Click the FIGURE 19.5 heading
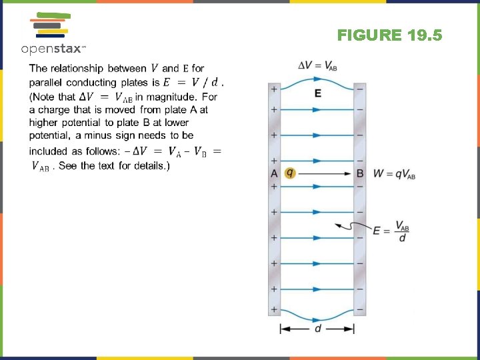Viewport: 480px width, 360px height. (x=389, y=35)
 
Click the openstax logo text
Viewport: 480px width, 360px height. (x=53, y=49)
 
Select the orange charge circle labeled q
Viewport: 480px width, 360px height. (x=289, y=173)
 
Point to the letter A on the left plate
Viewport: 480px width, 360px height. (x=273, y=173)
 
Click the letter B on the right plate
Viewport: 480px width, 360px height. (x=360, y=173)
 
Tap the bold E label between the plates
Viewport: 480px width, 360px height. (x=317, y=93)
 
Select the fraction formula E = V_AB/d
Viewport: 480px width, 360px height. (x=391, y=231)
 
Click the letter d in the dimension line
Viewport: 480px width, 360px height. (x=317, y=329)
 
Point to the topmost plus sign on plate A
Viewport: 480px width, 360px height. (x=273, y=88)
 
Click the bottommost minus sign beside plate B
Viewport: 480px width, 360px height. (x=360, y=309)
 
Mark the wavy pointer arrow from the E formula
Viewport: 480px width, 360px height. (x=351, y=225)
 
